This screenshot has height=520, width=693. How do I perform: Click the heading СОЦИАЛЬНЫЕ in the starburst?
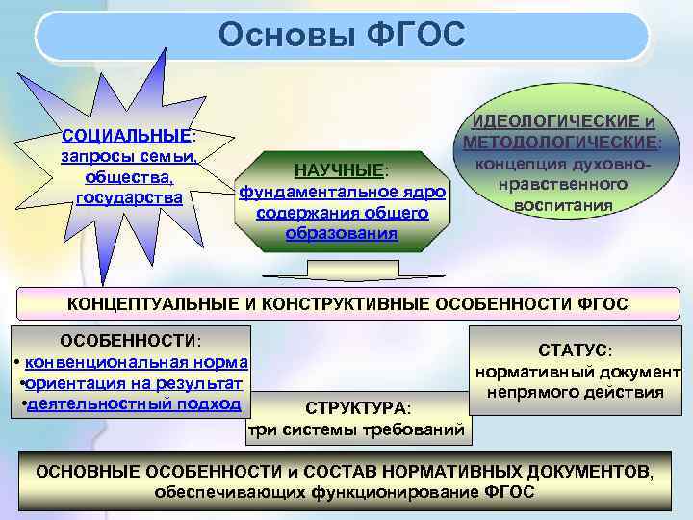126,136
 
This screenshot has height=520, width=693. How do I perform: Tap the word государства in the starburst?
130,197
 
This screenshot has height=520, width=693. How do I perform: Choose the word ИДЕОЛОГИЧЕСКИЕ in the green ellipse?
553,123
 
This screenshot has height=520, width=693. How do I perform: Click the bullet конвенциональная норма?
136,363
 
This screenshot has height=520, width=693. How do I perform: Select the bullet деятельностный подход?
134,404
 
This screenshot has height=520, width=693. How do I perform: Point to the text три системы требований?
356,429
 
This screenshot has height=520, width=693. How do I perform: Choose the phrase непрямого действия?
575,392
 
